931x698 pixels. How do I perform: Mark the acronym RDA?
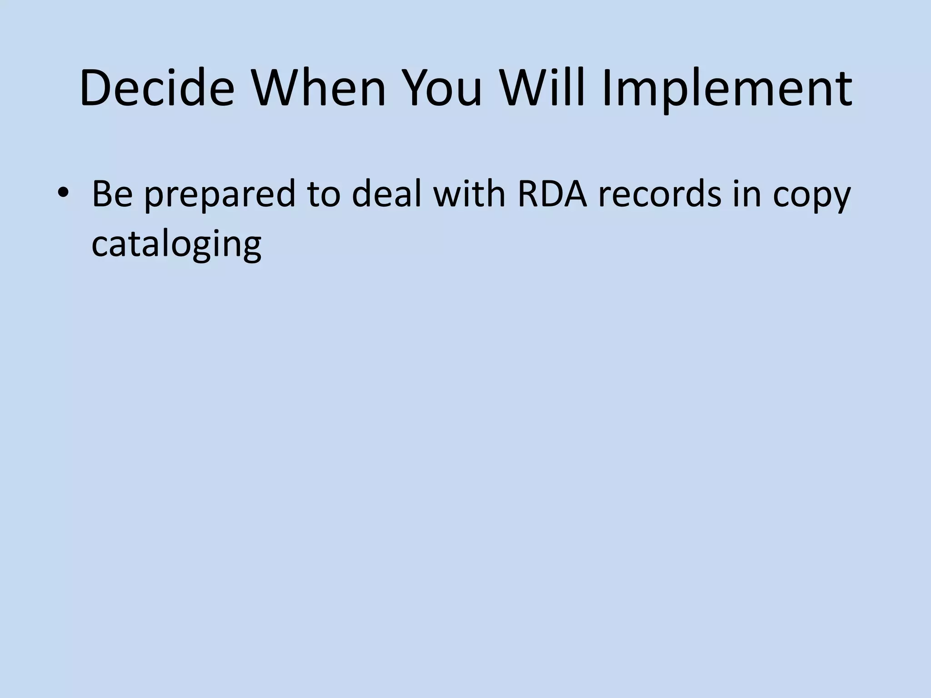[552, 194]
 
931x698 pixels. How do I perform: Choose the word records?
[659, 194]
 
